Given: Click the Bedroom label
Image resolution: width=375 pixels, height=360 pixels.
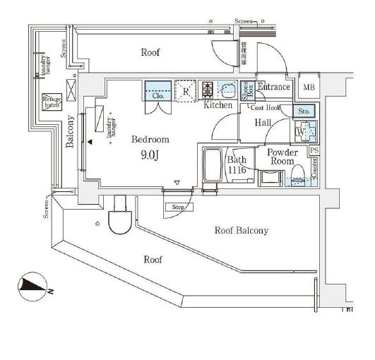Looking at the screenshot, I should (x=150, y=139).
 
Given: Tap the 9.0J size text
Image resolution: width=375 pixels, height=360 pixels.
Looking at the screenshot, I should (x=149, y=156).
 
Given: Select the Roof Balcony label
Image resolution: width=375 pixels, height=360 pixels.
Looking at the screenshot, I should (x=241, y=230).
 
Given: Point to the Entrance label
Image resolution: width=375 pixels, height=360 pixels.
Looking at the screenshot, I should (x=273, y=87).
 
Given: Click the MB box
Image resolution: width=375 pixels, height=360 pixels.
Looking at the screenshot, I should (x=309, y=87).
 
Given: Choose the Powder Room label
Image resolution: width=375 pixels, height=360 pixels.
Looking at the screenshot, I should (x=281, y=157).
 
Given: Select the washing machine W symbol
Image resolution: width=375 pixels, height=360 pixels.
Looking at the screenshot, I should (x=302, y=131).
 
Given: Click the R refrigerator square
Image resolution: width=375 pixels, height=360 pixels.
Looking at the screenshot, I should (x=185, y=90).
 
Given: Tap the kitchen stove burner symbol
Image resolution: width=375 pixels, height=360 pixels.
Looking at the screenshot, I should (x=208, y=90).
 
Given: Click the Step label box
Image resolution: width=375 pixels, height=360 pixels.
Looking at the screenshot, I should (x=178, y=208).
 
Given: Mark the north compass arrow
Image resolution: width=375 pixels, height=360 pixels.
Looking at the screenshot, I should (x=32, y=286).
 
